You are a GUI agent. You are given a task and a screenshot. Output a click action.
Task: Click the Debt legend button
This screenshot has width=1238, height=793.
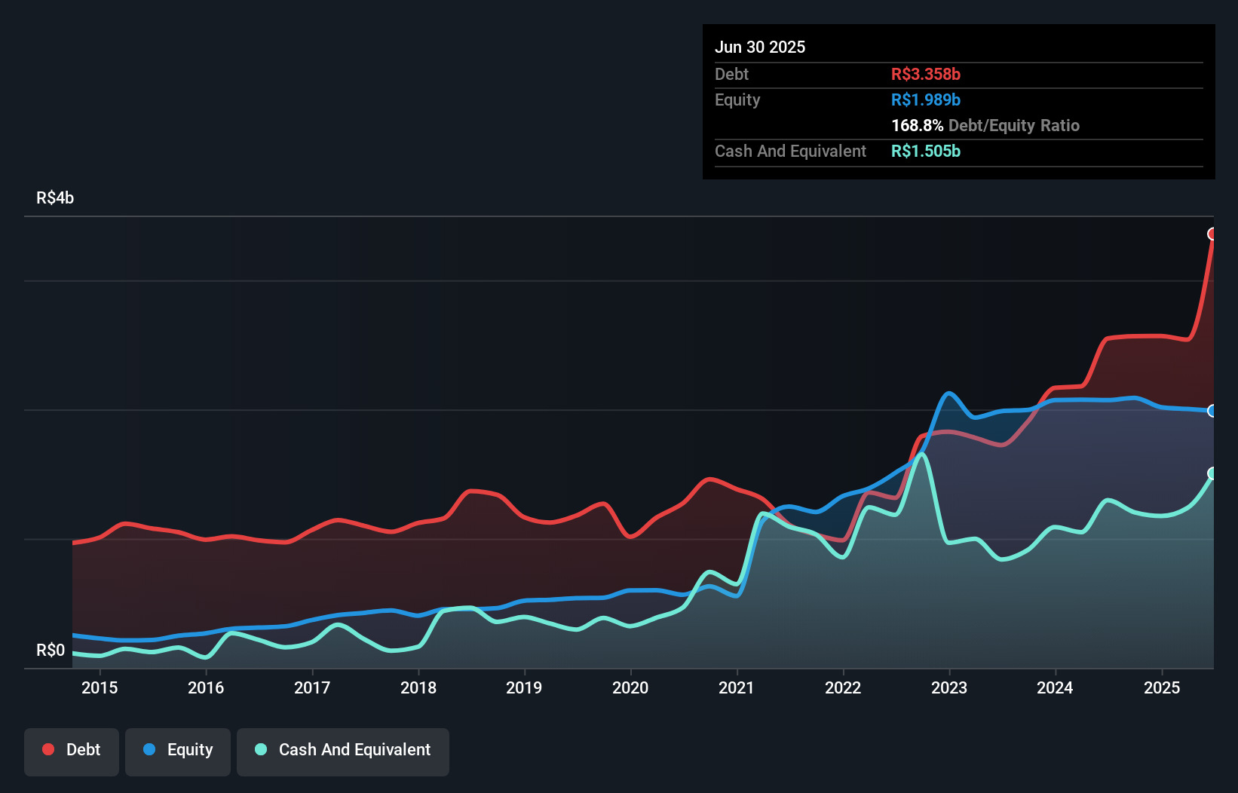[x=72, y=750]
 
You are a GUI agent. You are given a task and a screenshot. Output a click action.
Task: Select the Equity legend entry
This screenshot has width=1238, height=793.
[x=178, y=750]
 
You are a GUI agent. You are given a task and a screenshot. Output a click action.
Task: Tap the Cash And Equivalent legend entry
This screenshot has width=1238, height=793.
[x=343, y=750]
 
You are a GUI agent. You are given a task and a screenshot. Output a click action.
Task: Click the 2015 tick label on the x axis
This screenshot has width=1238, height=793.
[x=100, y=687]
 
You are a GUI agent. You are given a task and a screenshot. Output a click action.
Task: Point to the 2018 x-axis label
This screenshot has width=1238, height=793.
[x=418, y=687]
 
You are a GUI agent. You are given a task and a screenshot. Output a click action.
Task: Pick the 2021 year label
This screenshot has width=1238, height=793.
[x=737, y=687]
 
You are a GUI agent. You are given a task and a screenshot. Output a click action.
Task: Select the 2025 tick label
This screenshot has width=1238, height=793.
[x=1162, y=687]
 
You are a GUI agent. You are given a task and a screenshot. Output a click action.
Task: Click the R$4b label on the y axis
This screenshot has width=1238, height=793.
[x=55, y=197]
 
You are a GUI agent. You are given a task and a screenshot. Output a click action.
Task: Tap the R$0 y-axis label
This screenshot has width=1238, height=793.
[x=51, y=650]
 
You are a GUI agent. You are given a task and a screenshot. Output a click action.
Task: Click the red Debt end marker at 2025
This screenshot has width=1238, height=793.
[x=1212, y=234]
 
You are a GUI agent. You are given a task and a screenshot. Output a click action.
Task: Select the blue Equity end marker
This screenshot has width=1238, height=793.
[x=1212, y=411]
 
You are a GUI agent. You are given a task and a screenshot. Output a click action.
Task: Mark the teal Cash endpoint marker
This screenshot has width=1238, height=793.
[x=1212, y=473]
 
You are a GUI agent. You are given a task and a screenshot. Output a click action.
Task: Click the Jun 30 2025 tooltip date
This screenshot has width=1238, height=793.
[x=760, y=47]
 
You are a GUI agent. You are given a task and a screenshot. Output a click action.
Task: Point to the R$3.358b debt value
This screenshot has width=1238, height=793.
[x=926, y=74]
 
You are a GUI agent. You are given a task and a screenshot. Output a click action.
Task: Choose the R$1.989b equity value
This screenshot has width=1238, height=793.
[x=926, y=100]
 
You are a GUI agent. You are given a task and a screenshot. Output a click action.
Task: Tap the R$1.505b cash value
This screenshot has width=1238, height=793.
[x=926, y=151]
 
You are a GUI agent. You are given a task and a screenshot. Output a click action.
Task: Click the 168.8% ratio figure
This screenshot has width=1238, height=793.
[x=917, y=125]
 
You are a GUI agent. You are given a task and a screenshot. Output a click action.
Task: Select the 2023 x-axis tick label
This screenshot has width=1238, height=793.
[x=949, y=687]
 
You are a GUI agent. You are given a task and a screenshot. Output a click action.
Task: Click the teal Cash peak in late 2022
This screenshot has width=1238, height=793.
[x=921, y=455]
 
